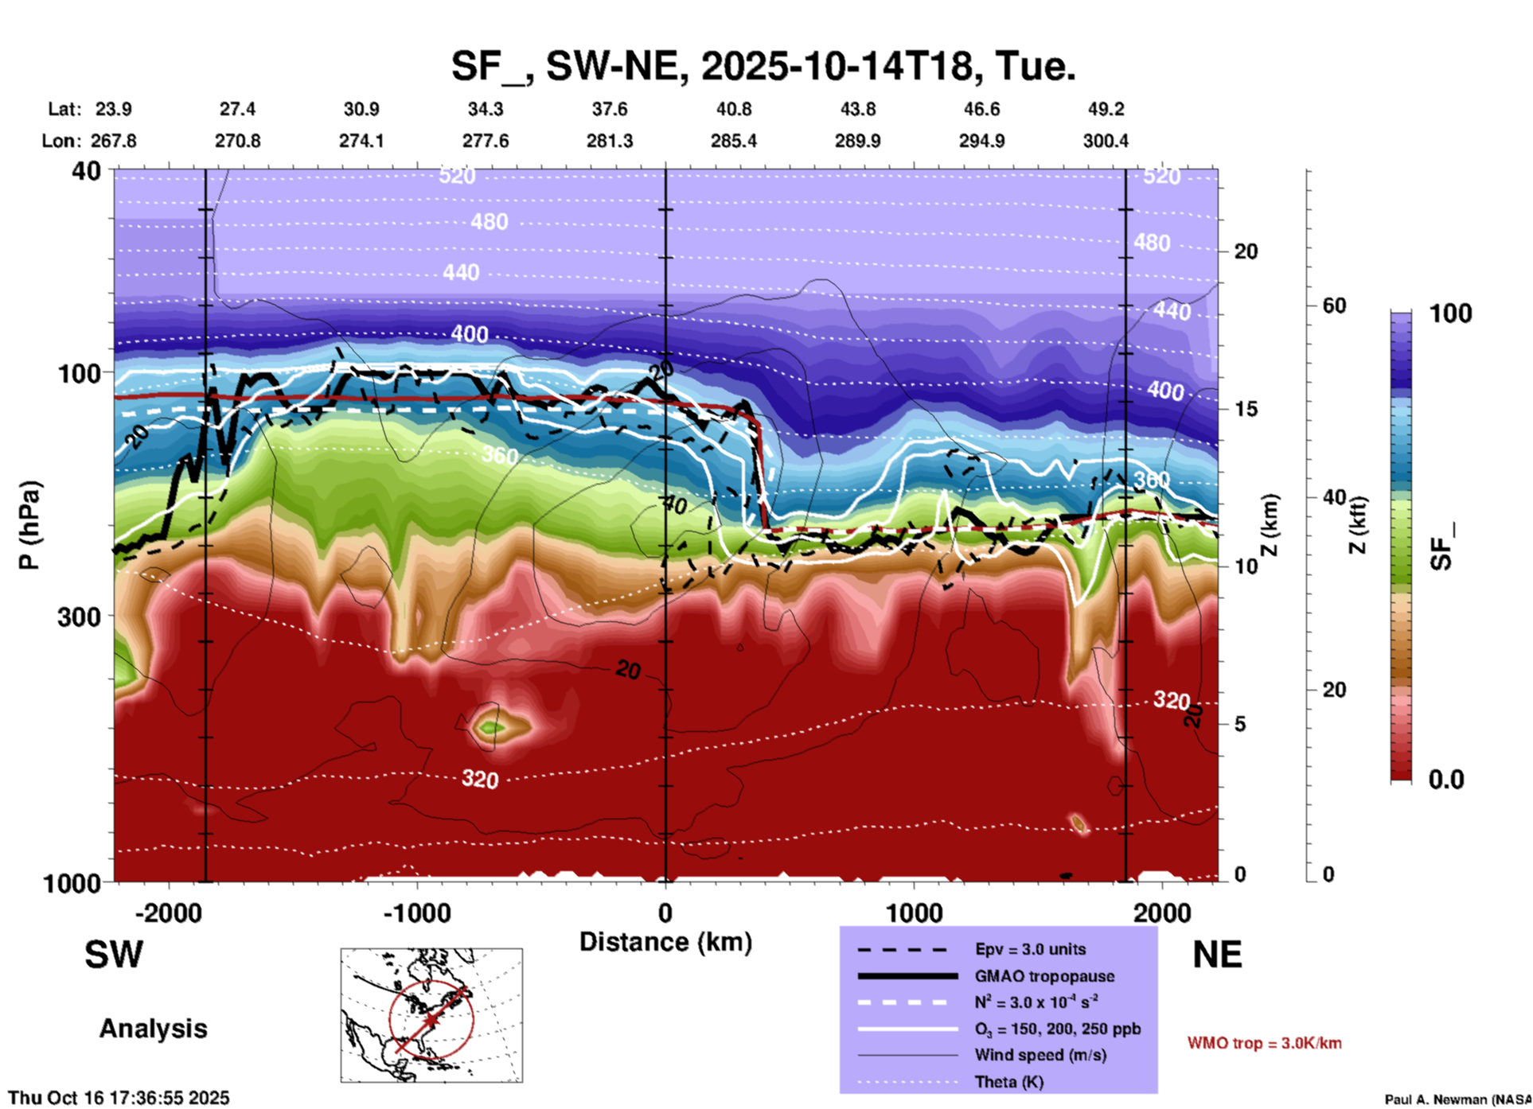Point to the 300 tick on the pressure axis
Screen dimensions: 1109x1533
coord(79,617)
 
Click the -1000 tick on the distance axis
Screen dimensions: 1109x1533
coord(416,912)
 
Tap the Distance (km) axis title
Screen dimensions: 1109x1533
coord(665,942)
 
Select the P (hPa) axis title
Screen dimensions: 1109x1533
coord(29,524)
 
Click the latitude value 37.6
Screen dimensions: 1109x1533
coord(609,109)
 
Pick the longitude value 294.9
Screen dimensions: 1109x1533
coord(981,141)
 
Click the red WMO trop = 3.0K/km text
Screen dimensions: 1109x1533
coord(1264,1043)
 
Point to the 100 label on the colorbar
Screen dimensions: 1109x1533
coord(1450,313)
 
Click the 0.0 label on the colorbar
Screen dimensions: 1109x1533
coord(1445,780)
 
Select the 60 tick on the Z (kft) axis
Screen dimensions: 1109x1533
coord(1334,305)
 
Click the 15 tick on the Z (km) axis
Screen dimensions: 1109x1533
coord(1246,409)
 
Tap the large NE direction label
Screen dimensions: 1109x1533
coord(1217,955)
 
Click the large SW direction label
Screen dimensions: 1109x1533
coord(114,955)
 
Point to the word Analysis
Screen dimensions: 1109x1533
coord(153,1029)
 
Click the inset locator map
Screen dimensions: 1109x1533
coord(431,1014)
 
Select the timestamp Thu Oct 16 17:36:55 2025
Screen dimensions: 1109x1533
coord(119,1098)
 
